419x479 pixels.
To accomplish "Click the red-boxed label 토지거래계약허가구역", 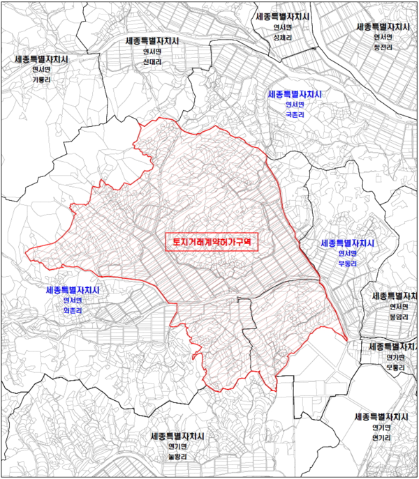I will [212, 241].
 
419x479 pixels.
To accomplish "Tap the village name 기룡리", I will [41, 79].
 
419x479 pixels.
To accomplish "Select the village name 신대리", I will [152, 61].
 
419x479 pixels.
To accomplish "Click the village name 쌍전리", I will [382, 47].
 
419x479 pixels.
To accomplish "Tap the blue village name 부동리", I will [347, 264].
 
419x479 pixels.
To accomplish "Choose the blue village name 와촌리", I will [73, 310].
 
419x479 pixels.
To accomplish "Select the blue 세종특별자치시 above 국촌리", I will [293, 93].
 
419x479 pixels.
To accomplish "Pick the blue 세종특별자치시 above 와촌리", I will [73, 289].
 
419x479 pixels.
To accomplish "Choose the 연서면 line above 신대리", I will [152, 51].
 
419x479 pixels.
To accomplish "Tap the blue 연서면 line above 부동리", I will [348, 254].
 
